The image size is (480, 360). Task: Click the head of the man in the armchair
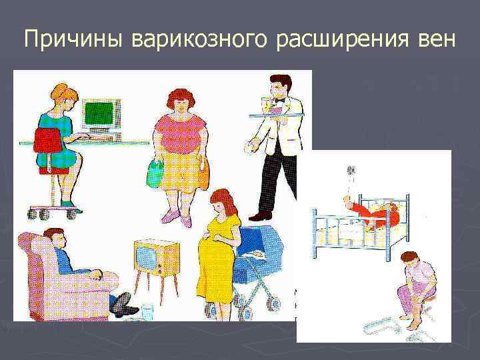click(55, 237)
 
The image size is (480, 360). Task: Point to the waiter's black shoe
click(261, 215)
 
